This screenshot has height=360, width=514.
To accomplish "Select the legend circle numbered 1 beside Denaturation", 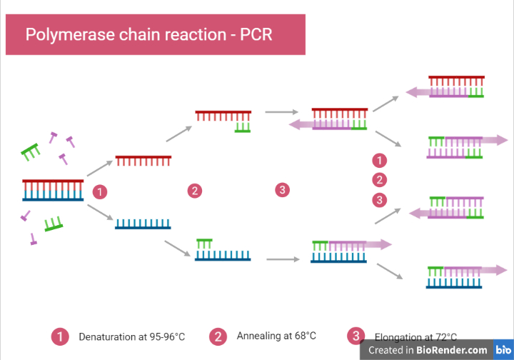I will pos(61,336).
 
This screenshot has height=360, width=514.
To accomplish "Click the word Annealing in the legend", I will pos(260,336).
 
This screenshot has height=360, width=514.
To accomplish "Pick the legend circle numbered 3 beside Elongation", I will pos(355,336).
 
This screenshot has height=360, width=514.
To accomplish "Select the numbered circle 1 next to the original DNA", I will pos(101,191).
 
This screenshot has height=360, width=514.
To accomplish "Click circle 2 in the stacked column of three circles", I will pos(381,179).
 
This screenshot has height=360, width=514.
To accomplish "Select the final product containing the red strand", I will pos(456,86).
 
